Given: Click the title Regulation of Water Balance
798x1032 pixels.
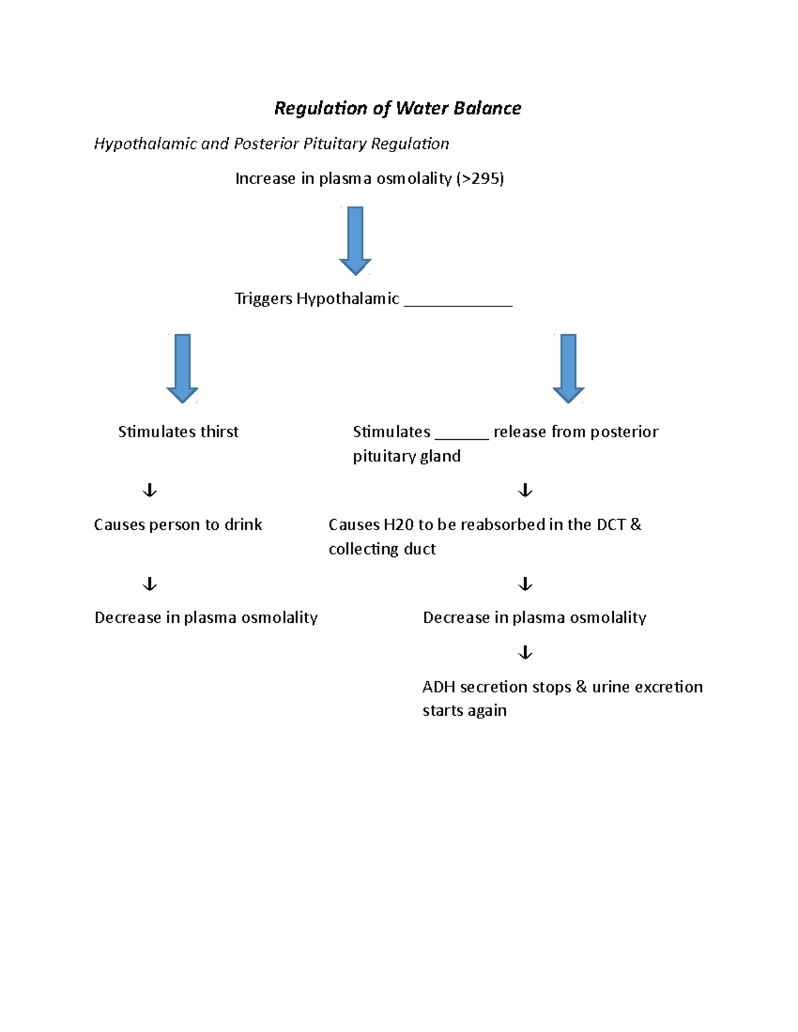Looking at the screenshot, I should (x=398, y=108).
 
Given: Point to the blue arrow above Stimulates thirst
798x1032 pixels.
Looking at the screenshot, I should (x=182, y=368).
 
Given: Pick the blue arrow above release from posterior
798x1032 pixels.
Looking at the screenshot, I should (x=569, y=368).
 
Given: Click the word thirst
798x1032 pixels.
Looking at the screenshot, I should (x=219, y=432).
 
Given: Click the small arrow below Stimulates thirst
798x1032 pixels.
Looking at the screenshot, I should (x=150, y=490).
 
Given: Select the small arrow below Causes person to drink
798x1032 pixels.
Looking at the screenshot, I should (x=150, y=584).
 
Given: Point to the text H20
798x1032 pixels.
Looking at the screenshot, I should (x=398, y=525).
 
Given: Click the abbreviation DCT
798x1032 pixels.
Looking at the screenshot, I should (x=610, y=525).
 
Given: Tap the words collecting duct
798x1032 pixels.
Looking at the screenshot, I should (x=382, y=549).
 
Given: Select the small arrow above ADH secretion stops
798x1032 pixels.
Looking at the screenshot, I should (x=525, y=653).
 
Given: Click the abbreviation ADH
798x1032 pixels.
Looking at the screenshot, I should (x=438, y=687).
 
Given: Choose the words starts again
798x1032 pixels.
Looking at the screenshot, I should (x=464, y=710).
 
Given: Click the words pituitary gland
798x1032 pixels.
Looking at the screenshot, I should (x=406, y=457).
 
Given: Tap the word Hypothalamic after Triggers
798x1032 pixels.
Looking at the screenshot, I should (x=348, y=299).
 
